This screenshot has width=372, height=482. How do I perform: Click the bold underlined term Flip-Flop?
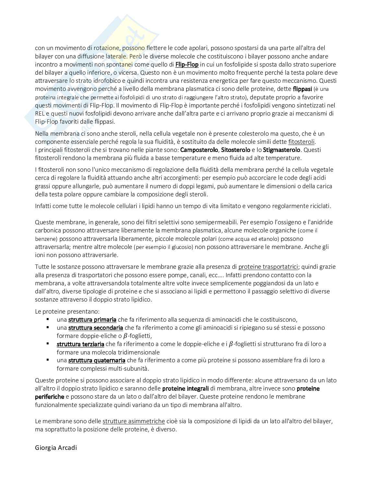coord(187,64)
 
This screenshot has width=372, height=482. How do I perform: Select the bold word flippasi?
coord(302,89)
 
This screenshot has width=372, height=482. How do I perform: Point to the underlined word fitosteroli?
coord(301,142)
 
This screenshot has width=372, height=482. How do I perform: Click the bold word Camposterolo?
coord(199,150)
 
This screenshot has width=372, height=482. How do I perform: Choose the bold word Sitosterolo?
coord(236,150)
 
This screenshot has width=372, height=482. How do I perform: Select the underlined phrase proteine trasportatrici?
coord(268,267)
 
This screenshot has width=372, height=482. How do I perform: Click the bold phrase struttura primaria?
coord(92,320)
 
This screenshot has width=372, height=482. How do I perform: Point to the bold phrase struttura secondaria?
coord(95,328)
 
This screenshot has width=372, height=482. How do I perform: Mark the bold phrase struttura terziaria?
coord(80,344)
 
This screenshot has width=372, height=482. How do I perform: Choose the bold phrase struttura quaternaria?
coord(97,360)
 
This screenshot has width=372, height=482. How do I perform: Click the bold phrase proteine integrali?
coord(185,389)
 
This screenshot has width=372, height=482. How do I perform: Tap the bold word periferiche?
coord(50,397)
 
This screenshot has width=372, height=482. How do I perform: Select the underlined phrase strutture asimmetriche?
coord(134,421)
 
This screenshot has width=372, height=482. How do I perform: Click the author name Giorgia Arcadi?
coord(56,448)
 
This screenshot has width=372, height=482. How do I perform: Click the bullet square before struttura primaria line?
coord(48,319)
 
